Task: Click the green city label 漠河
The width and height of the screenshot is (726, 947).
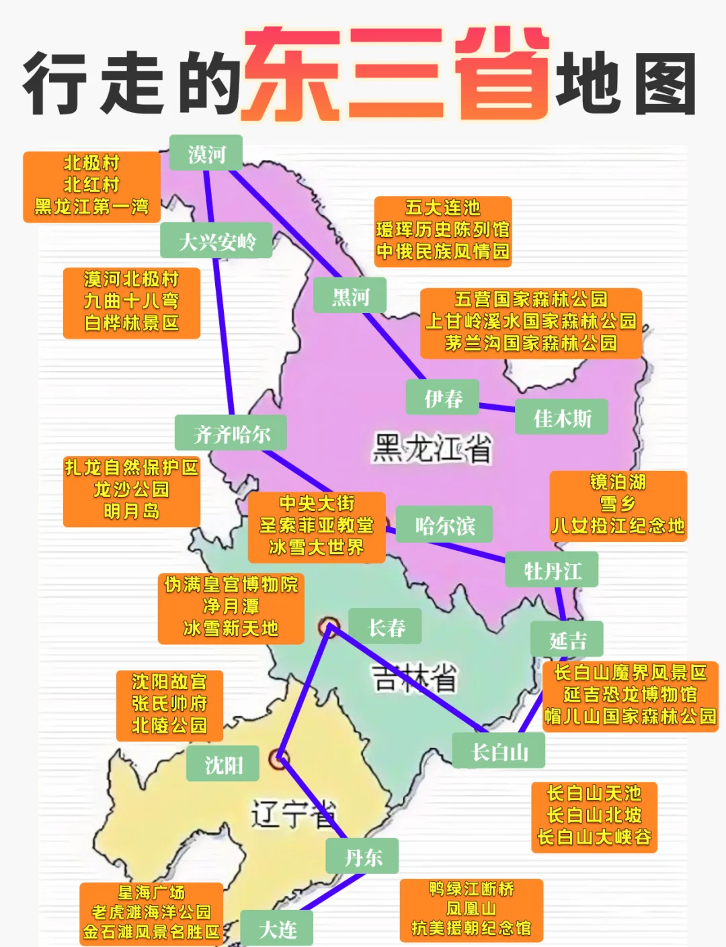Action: point(206,154)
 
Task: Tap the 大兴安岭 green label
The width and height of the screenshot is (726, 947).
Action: point(216,240)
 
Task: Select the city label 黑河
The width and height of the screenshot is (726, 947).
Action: point(350,296)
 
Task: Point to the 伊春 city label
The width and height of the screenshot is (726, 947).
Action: point(443,398)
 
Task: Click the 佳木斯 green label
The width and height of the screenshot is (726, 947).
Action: point(562,418)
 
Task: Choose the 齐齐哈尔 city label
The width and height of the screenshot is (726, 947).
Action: point(231,433)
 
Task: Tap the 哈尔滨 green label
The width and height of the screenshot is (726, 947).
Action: point(444,525)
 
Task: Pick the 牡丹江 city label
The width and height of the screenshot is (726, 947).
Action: point(552,570)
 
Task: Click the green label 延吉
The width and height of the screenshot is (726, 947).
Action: point(567,639)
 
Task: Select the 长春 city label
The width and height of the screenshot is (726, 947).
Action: point(386,627)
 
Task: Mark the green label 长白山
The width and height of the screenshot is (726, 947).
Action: point(499,751)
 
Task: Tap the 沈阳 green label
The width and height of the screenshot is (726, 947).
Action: point(223,764)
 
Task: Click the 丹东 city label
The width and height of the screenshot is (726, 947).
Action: point(363,856)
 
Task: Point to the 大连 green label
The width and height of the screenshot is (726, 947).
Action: point(278,929)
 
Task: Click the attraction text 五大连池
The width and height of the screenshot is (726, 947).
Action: point(443,208)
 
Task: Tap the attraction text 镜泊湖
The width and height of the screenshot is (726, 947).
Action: point(618,482)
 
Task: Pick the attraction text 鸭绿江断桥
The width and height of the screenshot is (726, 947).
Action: point(471,889)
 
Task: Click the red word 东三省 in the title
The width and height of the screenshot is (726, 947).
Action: point(397,76)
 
